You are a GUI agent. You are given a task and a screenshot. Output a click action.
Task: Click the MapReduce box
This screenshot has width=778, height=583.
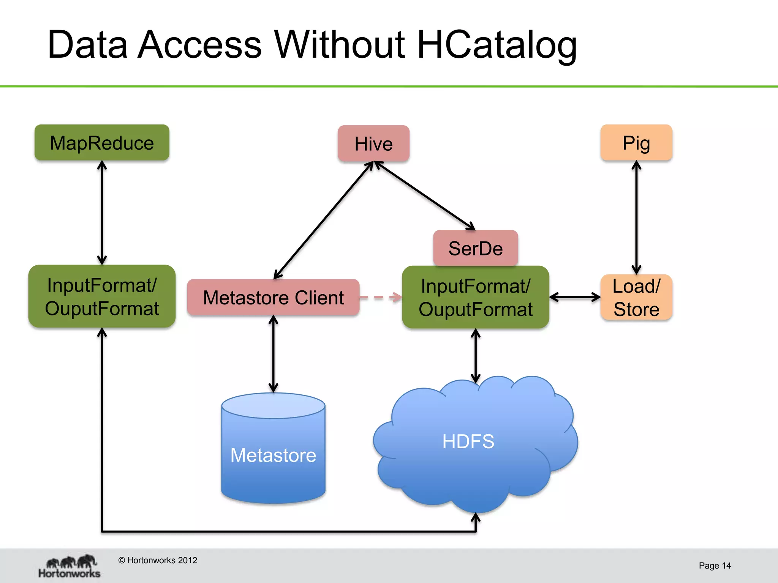[x=102, y=143]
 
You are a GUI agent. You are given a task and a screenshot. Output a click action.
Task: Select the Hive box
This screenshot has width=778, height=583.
[x=373, y=144]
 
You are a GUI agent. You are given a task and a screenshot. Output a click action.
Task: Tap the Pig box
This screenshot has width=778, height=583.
[x=636, y=143]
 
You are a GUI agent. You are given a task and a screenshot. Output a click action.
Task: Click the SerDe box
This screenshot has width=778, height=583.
[x=475, y=248]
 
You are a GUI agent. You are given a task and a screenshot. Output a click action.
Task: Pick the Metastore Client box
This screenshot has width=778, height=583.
[x=273, y=297]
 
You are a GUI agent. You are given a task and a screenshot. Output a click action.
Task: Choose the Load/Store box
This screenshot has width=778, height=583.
[x=636, y=297]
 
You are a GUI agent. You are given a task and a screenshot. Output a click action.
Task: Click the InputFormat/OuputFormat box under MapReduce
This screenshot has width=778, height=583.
[x=102, y=296]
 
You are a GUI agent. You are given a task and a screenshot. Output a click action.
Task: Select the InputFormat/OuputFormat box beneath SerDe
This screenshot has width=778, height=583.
[x=475, y=297]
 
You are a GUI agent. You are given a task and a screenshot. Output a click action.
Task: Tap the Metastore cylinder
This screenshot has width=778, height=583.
[x=273, y=452]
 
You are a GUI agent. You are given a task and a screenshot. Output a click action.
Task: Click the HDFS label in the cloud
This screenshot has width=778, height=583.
[x=468, y=441]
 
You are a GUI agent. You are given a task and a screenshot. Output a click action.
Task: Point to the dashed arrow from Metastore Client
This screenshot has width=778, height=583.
[x=380, y=297]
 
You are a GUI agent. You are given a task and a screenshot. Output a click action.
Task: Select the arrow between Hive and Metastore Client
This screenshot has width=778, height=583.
[x=324, y=220]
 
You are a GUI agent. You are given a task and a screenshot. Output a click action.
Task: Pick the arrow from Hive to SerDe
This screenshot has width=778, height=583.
[x=425, y=195]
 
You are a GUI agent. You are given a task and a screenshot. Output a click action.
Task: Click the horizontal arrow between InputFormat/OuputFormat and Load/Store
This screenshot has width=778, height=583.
[x=575, y=297]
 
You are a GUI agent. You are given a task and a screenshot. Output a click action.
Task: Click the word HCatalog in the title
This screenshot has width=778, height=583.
[x=497, y=45]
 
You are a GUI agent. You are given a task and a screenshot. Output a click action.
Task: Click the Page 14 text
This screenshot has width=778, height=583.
[x=715, y=566]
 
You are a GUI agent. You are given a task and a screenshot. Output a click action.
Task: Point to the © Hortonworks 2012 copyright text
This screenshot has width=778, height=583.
[x=158, y=560]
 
